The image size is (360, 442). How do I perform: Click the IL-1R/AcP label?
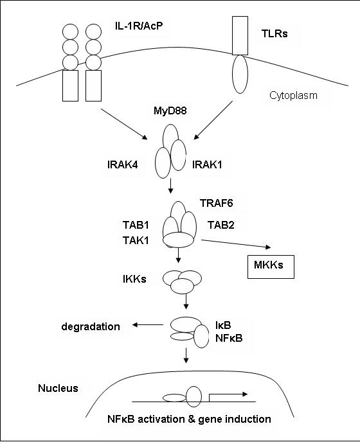[x=139, y=26]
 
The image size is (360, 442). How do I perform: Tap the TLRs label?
[x=274, y=33]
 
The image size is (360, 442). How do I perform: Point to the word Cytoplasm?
[x=293, y=95]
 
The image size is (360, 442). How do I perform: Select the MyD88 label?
[x=170, y=110]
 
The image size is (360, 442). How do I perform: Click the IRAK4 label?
[x=122, y=164]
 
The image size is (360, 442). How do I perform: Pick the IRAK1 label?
[x=207, y=164]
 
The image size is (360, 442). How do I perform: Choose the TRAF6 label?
[x=217, y=203]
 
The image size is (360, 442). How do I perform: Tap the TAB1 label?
[x=136, y=225]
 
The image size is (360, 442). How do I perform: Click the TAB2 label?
[x=221, y=225]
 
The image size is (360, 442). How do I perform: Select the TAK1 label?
[x=136, y=240]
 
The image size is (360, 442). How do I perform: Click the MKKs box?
[x=271, y=267]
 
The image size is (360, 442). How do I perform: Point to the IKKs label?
[x=134, y=279]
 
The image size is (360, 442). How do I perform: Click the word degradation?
[x=91, y=326]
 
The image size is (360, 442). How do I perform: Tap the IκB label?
[x=223, y=325]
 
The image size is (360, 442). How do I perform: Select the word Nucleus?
[x=58, y=388]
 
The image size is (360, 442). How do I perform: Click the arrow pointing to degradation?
[x=148, y=325]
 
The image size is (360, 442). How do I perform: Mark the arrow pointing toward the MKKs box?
[x=236, y=244]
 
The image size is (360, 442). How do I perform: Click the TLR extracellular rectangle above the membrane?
[x=240, y=35]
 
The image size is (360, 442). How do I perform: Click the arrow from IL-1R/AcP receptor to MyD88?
[x=124, y=124]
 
